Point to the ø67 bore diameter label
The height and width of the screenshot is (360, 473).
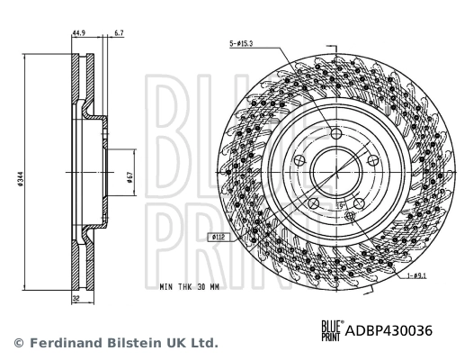(130, 176)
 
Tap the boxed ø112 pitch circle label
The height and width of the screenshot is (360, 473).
(218, 238)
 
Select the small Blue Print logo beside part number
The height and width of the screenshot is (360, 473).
(330, 329)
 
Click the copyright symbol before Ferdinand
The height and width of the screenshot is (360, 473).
(18, 344)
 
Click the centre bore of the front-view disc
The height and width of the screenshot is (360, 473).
(335, 171)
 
